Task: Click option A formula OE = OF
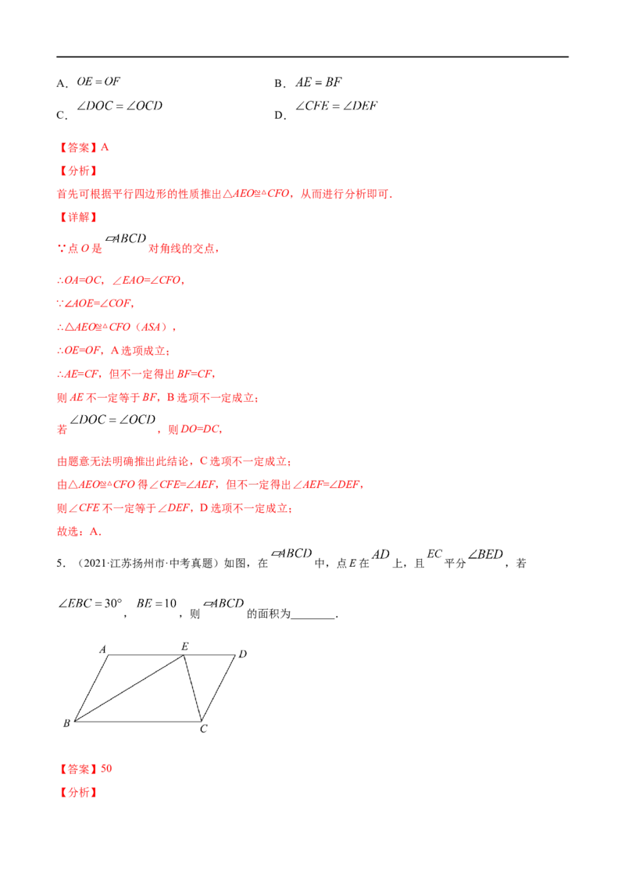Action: tap(98, 81)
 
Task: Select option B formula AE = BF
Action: tap(319, 82)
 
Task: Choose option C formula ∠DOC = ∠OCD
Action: tap(120, 106)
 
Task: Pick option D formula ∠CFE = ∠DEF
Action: tap(337, 106)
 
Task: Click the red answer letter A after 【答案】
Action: tap(105, 147)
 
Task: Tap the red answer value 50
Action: tap(106, 769)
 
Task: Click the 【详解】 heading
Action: tap(78, 217)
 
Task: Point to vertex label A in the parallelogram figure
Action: tap(102, 649)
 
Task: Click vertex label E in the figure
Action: tap(185, 647)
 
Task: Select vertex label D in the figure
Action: tap(242, 654)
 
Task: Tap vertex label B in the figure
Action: tap(66, 723)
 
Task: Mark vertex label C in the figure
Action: tap(204, 729)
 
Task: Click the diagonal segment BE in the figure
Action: tap(129, 688)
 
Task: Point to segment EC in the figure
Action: tap(193, 688)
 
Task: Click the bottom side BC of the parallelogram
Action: tap(138, 722)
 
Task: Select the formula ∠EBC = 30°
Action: tap(91, 604)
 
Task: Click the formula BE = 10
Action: tap(156, 604)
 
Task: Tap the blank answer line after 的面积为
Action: tap(313, 618)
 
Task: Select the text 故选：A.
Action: tap(79, 531)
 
